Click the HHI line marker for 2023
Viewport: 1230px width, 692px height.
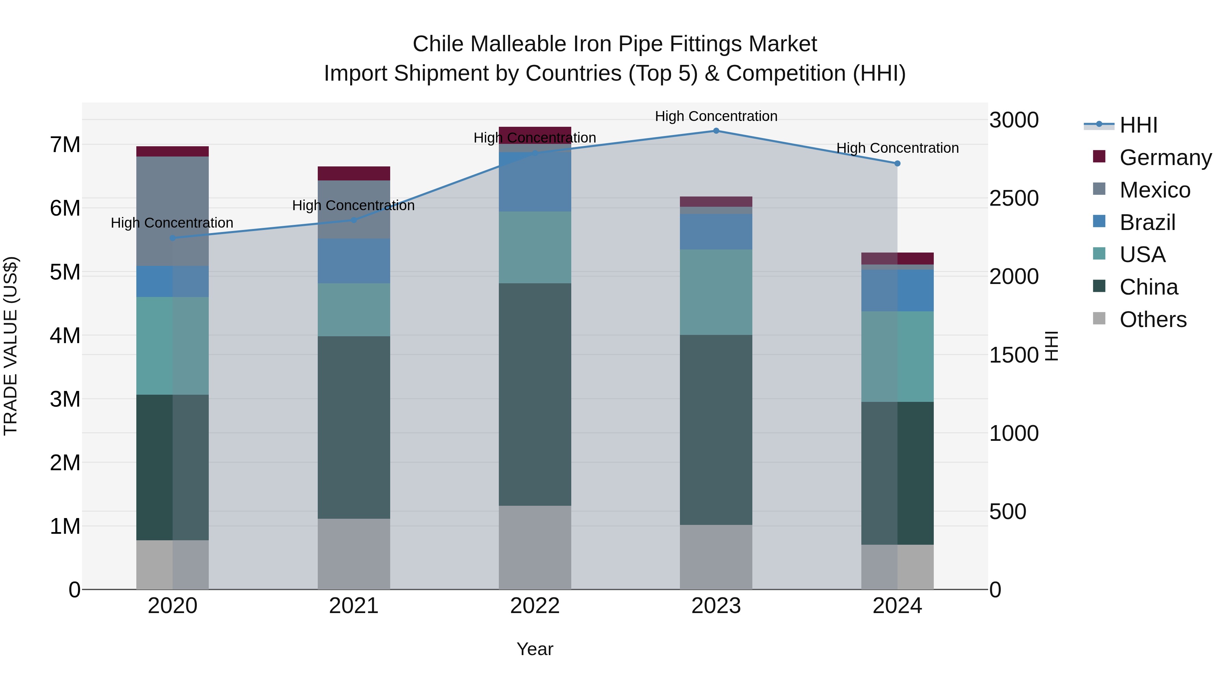716,131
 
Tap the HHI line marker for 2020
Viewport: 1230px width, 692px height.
173,238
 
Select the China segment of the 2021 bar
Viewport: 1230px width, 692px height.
354,428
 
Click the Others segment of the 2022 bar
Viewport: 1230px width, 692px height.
535,547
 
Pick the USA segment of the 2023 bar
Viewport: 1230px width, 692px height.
716,292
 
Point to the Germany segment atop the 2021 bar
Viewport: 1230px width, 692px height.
354,173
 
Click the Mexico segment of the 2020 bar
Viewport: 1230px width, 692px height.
173,211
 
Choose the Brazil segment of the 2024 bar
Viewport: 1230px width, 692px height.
897,290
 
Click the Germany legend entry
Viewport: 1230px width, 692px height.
1165,158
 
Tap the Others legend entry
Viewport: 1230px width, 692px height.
1153,320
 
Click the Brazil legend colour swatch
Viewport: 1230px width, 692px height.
1099,221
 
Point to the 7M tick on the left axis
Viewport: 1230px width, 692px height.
65,145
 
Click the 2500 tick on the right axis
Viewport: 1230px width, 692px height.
1013,198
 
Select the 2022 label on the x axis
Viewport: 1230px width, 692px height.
535,606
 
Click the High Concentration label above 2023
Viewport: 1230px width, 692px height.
716,116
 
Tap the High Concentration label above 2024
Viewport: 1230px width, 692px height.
897,148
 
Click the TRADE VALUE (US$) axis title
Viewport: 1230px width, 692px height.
11,346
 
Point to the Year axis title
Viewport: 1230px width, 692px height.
535,649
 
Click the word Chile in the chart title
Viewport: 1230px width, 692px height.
438,44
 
